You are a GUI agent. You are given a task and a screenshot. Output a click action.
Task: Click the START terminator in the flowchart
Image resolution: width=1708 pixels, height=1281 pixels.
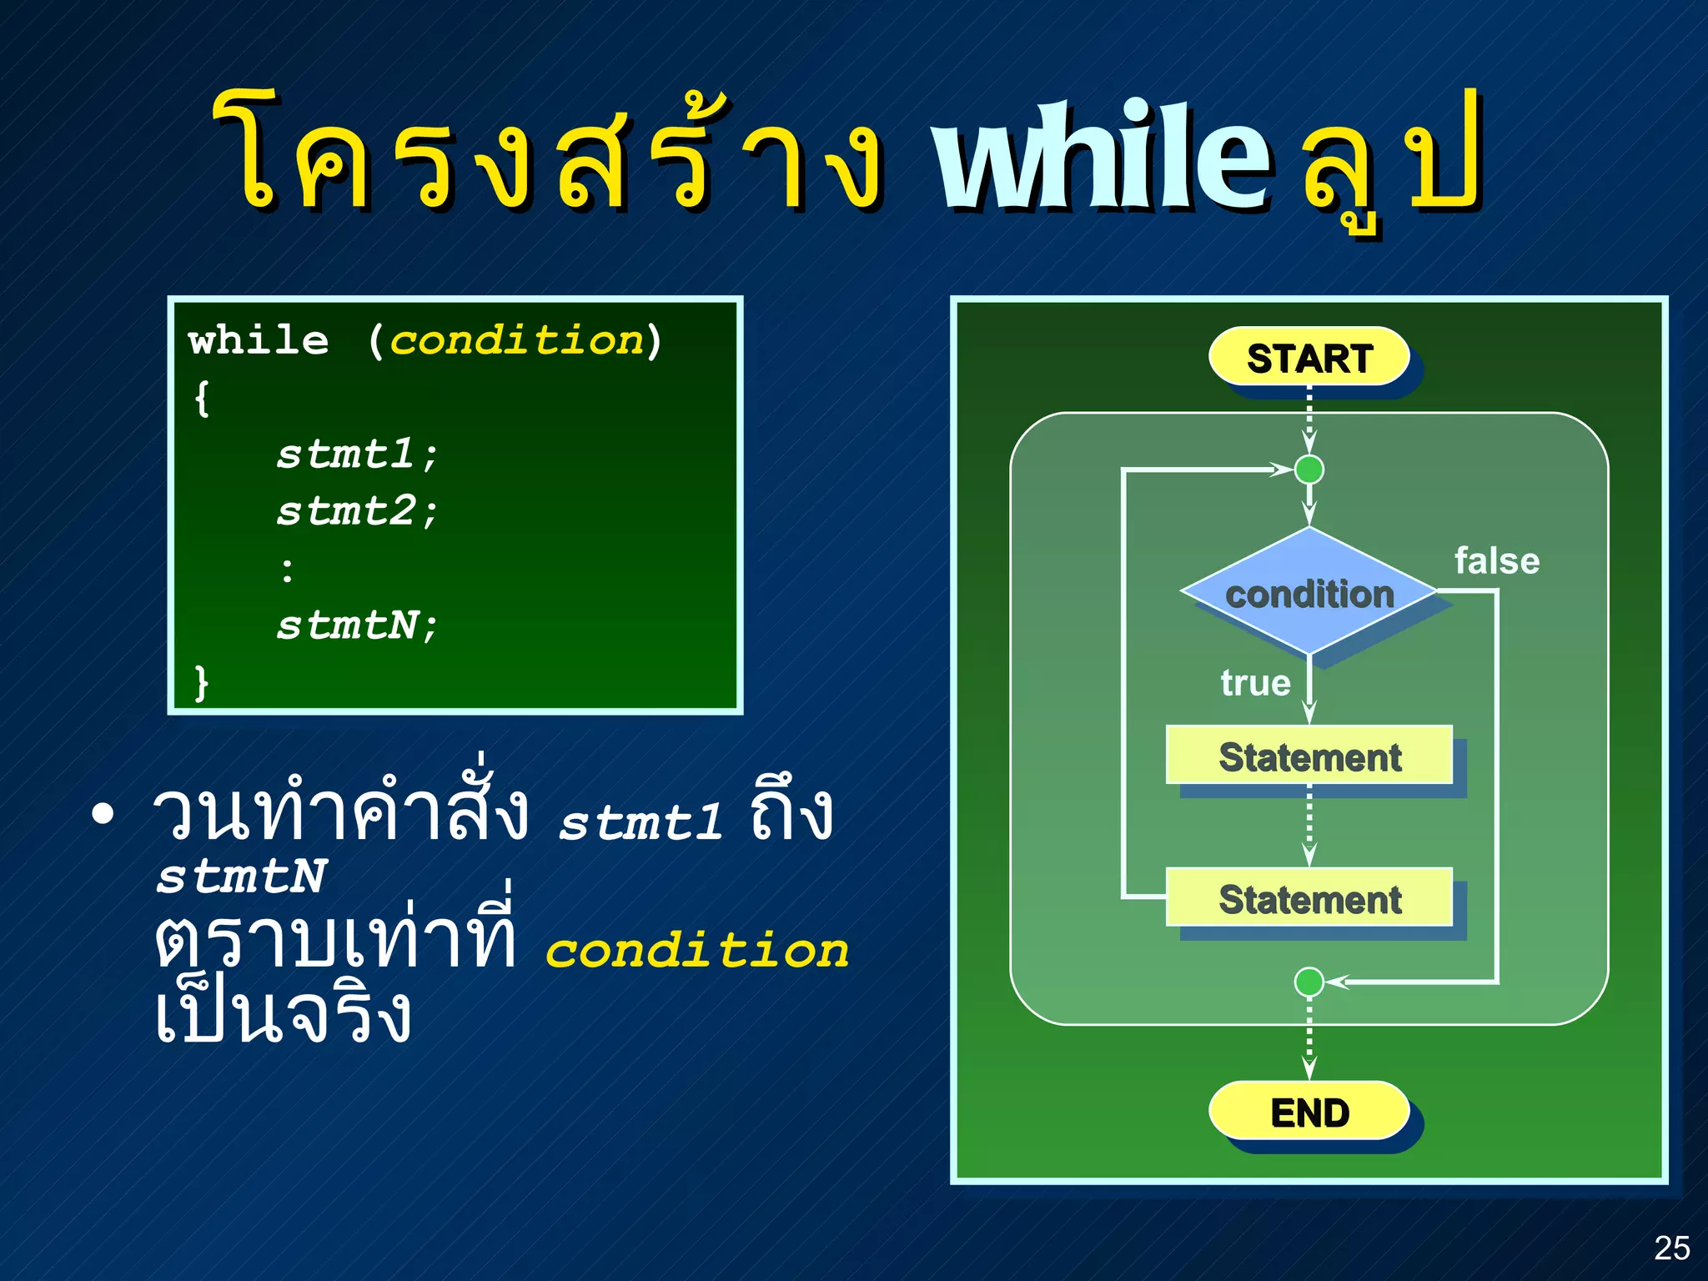coord(1309,358)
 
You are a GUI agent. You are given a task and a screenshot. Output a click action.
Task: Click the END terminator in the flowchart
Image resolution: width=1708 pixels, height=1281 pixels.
coord(1309,1112)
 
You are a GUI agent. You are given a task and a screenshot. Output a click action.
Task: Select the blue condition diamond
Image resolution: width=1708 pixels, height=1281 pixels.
coord(1309,593)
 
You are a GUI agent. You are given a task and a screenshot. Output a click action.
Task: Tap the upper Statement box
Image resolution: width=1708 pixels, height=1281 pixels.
coord(1309,756)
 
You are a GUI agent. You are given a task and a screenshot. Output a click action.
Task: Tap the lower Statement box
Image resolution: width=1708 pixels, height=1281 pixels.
coord(1309,898)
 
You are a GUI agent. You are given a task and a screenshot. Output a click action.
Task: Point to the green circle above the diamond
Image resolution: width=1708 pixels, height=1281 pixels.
coord(1309,470)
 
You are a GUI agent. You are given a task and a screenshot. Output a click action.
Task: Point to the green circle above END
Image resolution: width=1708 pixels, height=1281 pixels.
coord(1309,982)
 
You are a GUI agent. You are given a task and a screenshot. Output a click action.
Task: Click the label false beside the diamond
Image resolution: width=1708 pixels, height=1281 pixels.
coord(1496,561)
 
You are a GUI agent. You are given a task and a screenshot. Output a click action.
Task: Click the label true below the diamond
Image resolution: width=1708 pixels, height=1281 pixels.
coord(1255,683)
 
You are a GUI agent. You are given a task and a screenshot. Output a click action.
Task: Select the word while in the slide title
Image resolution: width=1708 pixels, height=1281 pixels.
coord(1101,156)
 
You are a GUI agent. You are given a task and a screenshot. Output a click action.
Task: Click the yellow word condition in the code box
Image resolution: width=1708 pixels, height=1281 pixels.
coord(517,341)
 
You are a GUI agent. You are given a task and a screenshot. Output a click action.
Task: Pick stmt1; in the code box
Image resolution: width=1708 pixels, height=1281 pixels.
coord(357,455)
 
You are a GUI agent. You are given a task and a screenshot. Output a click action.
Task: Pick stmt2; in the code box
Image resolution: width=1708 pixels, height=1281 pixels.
coord(357,511)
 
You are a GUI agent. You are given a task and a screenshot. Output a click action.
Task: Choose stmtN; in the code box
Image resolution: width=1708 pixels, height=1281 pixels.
coord(357,625)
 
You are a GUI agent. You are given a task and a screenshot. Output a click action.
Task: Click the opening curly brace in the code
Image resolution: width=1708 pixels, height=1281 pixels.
coord(202,398)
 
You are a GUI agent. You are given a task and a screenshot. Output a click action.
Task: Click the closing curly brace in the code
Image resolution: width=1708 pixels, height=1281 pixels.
coord(201,683)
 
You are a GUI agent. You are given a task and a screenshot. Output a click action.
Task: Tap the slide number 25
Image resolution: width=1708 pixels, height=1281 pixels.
coord(1671,1248)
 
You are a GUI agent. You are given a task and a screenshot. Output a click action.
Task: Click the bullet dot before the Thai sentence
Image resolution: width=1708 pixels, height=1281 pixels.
coord(103,815)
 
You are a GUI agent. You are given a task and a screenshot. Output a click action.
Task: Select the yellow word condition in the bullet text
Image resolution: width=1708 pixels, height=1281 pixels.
coord(696,951)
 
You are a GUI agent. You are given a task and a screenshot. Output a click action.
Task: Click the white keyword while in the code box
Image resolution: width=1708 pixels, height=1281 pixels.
coord(259,341)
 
